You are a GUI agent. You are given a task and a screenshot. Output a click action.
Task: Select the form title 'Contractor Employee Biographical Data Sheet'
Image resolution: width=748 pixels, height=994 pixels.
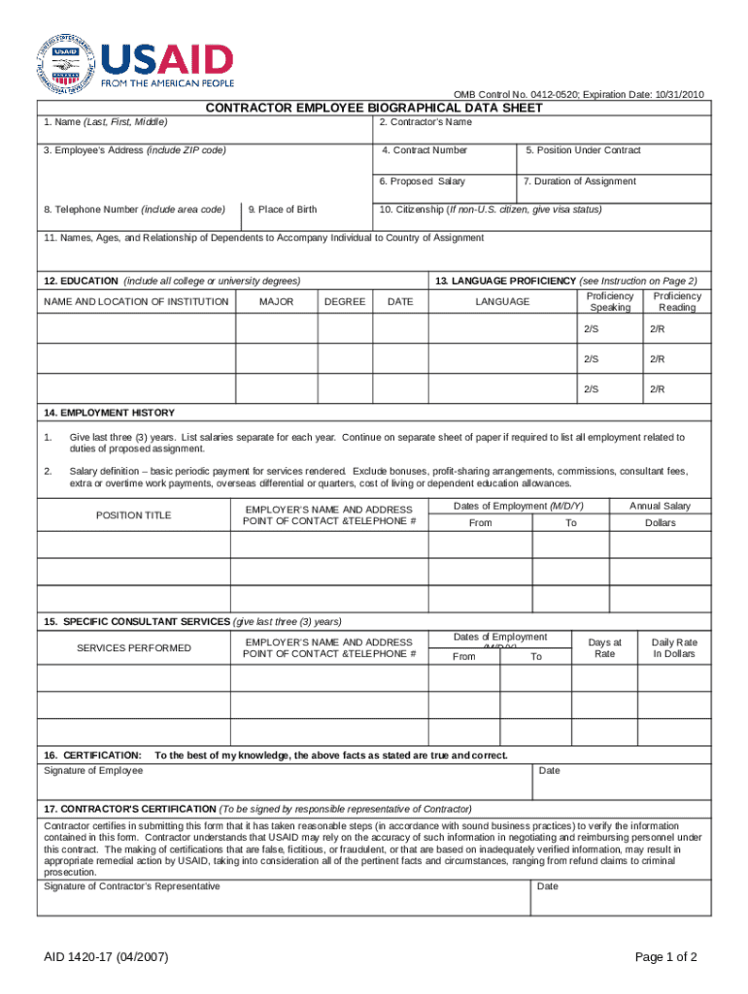click(373, 108)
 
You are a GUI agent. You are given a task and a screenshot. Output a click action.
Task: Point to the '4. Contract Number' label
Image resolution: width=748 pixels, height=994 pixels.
click(425, 150)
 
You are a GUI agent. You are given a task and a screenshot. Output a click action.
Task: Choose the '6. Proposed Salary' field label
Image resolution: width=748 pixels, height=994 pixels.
click(422, 182)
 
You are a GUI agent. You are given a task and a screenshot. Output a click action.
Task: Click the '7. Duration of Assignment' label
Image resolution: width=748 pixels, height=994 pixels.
click(579, 182)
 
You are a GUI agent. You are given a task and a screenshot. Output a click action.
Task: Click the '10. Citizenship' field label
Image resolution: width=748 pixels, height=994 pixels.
click(490, 210)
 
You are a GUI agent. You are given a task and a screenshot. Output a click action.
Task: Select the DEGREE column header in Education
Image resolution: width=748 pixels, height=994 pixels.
click(345, 302)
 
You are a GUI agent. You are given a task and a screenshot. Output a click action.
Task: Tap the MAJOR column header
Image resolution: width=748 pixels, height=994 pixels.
click(277, 302)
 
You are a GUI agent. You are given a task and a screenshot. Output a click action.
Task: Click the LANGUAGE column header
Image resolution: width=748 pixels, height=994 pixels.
click(502, 302)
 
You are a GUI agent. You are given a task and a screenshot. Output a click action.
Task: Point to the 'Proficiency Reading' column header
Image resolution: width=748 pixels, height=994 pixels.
click(677, 302)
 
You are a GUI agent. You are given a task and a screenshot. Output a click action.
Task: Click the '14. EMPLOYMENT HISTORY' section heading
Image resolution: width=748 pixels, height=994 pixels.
click(109, 413)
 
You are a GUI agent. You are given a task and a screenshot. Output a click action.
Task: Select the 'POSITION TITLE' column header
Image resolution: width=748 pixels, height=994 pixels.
click(133, 515)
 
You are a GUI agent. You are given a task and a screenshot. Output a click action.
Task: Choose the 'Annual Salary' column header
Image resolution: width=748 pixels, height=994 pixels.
click(660, 507)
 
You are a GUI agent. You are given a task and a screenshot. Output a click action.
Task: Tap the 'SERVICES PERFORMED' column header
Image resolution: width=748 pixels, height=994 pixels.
click(133, 648)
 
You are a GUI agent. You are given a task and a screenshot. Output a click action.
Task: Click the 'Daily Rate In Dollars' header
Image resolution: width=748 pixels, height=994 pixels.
click(674, 648)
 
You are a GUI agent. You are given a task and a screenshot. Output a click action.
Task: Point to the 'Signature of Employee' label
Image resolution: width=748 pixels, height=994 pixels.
click(94, 771)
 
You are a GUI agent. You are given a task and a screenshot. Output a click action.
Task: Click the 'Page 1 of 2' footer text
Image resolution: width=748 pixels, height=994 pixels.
click(665, 958)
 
